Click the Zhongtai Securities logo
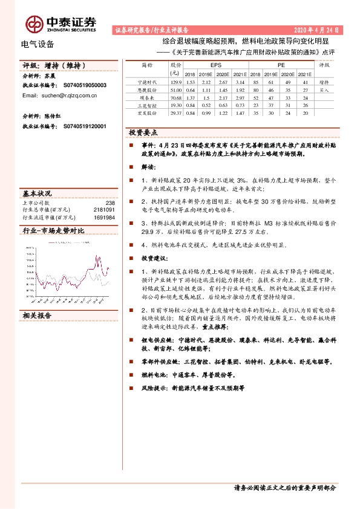61,24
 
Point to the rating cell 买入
324,89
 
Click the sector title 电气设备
38,44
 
